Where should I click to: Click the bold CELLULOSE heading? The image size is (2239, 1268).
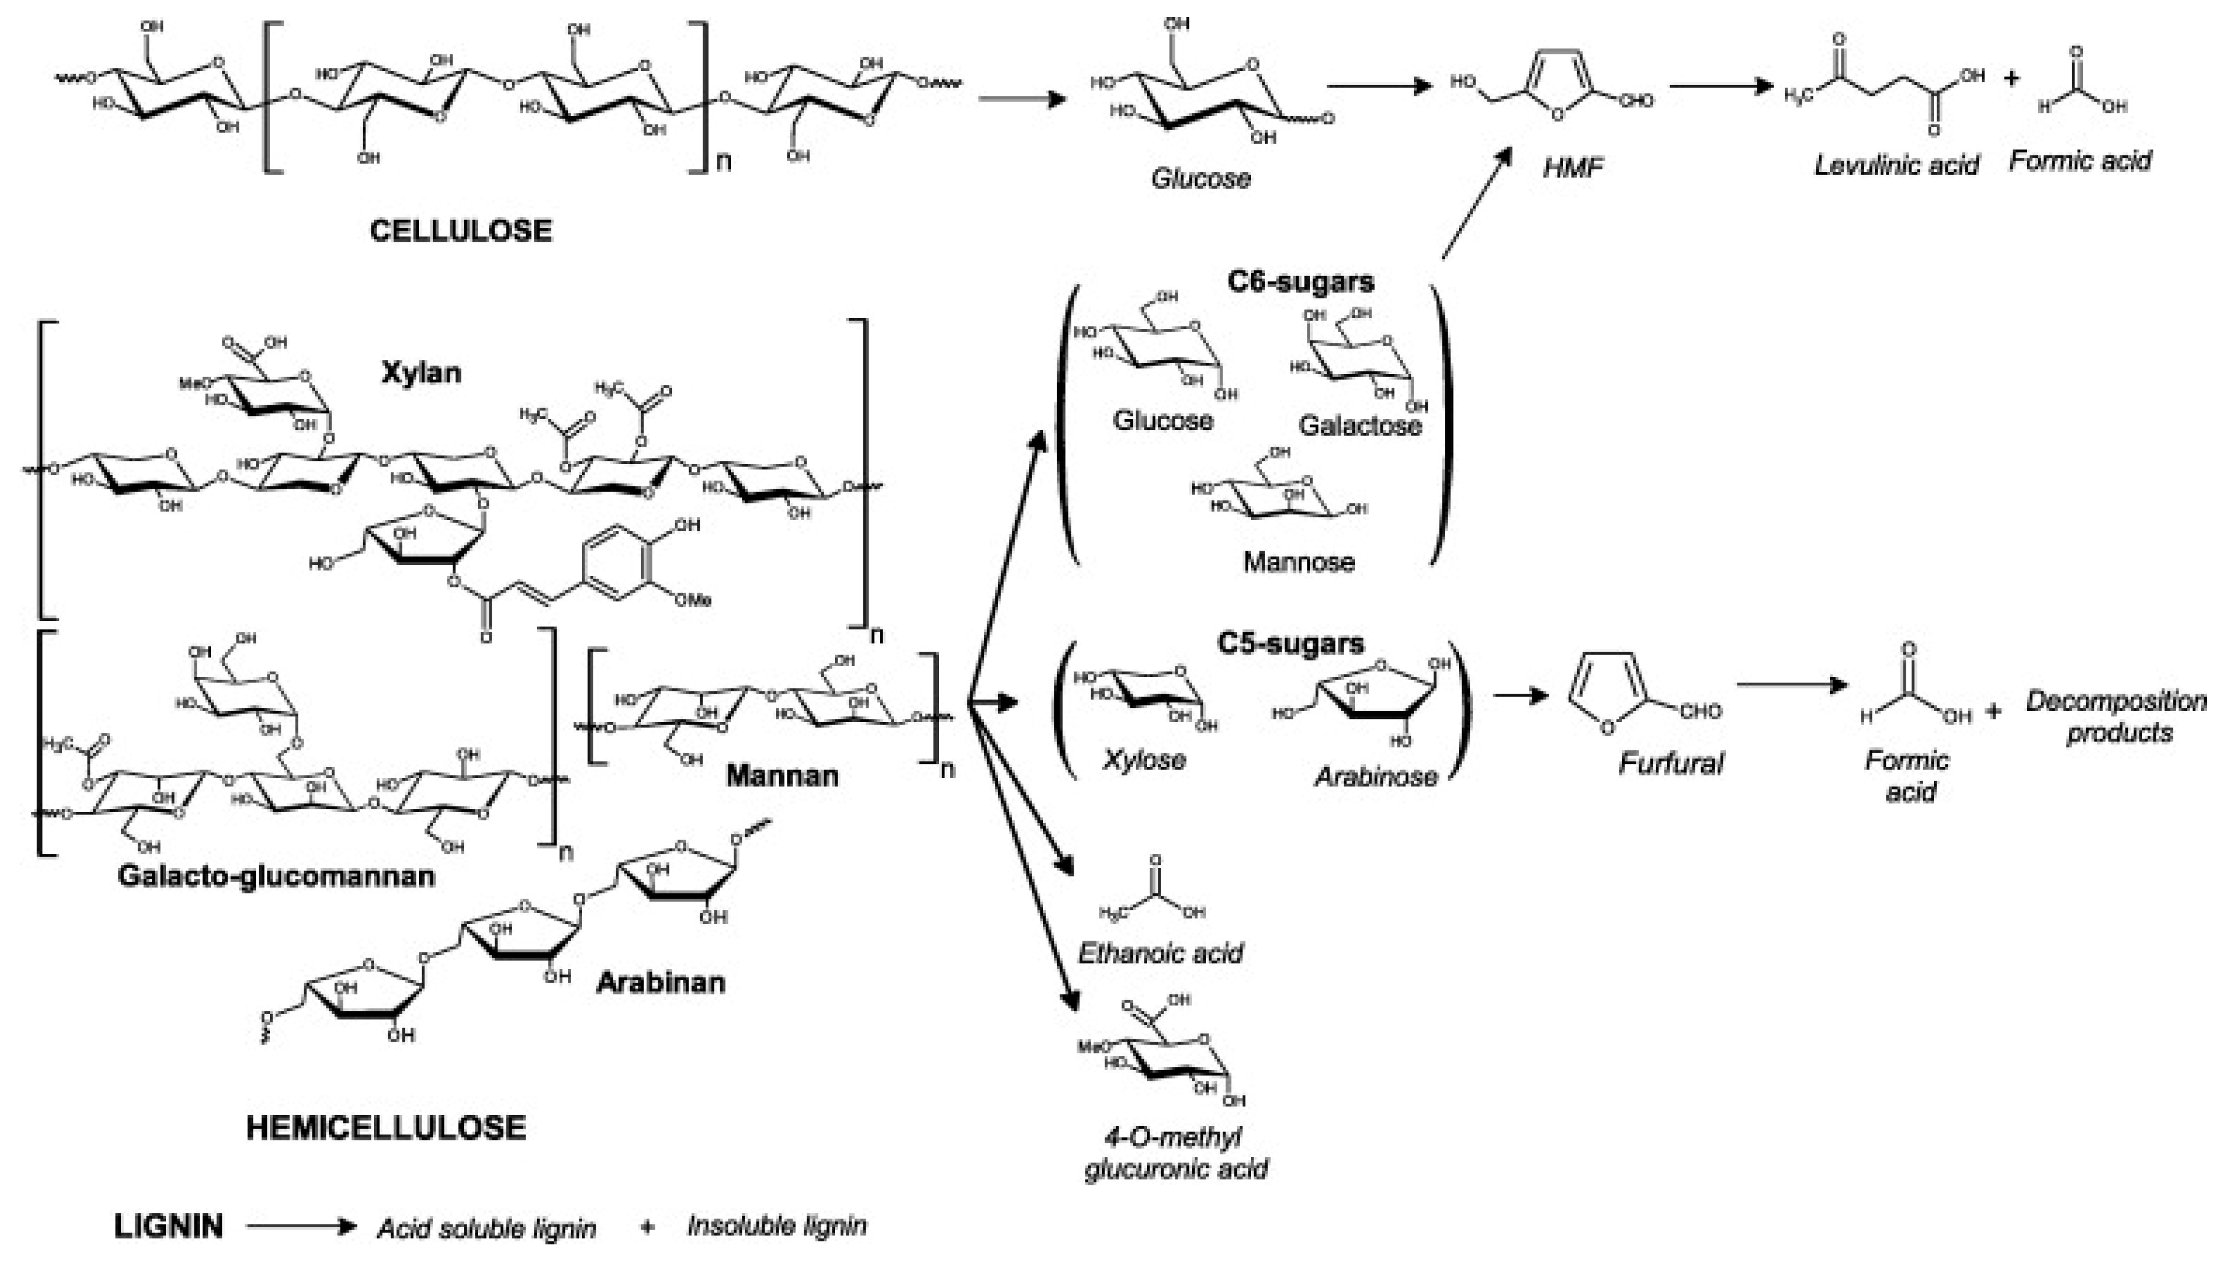[461, 231]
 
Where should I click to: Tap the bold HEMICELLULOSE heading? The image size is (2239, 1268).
[386, 1128]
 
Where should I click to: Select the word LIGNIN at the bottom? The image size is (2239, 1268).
[168, 1226]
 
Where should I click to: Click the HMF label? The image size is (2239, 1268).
[1573, 167]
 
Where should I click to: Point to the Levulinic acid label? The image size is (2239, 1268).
[1896, 165]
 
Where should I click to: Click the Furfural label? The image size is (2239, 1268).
[1671, 764]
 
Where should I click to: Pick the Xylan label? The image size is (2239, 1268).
[421, 373]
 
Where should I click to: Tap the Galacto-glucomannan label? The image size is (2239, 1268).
[276, 875]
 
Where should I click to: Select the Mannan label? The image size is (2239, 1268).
[782, 775]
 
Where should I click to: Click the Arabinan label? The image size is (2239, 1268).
[660, 983]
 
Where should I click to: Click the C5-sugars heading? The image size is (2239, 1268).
[1291, 643]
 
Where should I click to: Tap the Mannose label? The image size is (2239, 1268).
[1298, 562]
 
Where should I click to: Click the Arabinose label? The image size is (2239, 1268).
[1375, 776]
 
